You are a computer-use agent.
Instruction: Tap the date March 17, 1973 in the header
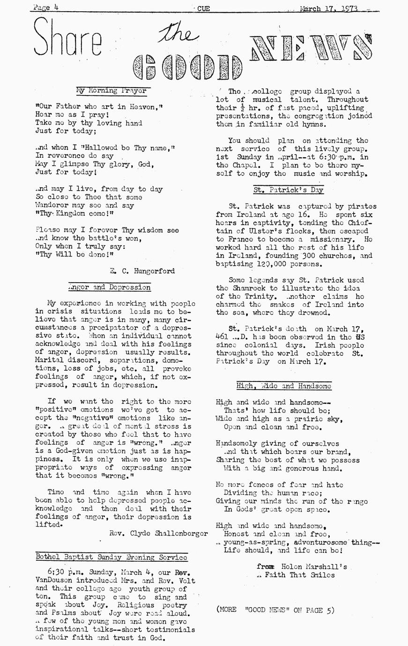(x=330, y=8)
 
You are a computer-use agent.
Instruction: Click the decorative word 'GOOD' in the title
(x=187, y=69)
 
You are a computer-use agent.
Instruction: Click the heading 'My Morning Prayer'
(x=111, y=90)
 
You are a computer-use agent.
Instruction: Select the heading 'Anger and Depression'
(x=110, y=287)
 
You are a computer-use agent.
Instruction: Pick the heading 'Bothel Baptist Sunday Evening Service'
(x=111, y=557)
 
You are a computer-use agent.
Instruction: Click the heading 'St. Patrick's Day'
(x=288, y=190)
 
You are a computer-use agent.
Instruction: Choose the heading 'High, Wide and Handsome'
(x=284, y=386)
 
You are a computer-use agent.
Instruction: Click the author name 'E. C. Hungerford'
(x=142, y=271)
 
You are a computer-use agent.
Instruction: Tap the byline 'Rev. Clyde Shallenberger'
(x=151, y=533)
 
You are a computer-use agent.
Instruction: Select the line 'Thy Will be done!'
(x=74, y=255)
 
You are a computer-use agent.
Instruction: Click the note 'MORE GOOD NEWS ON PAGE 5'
(x=276, y=609)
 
